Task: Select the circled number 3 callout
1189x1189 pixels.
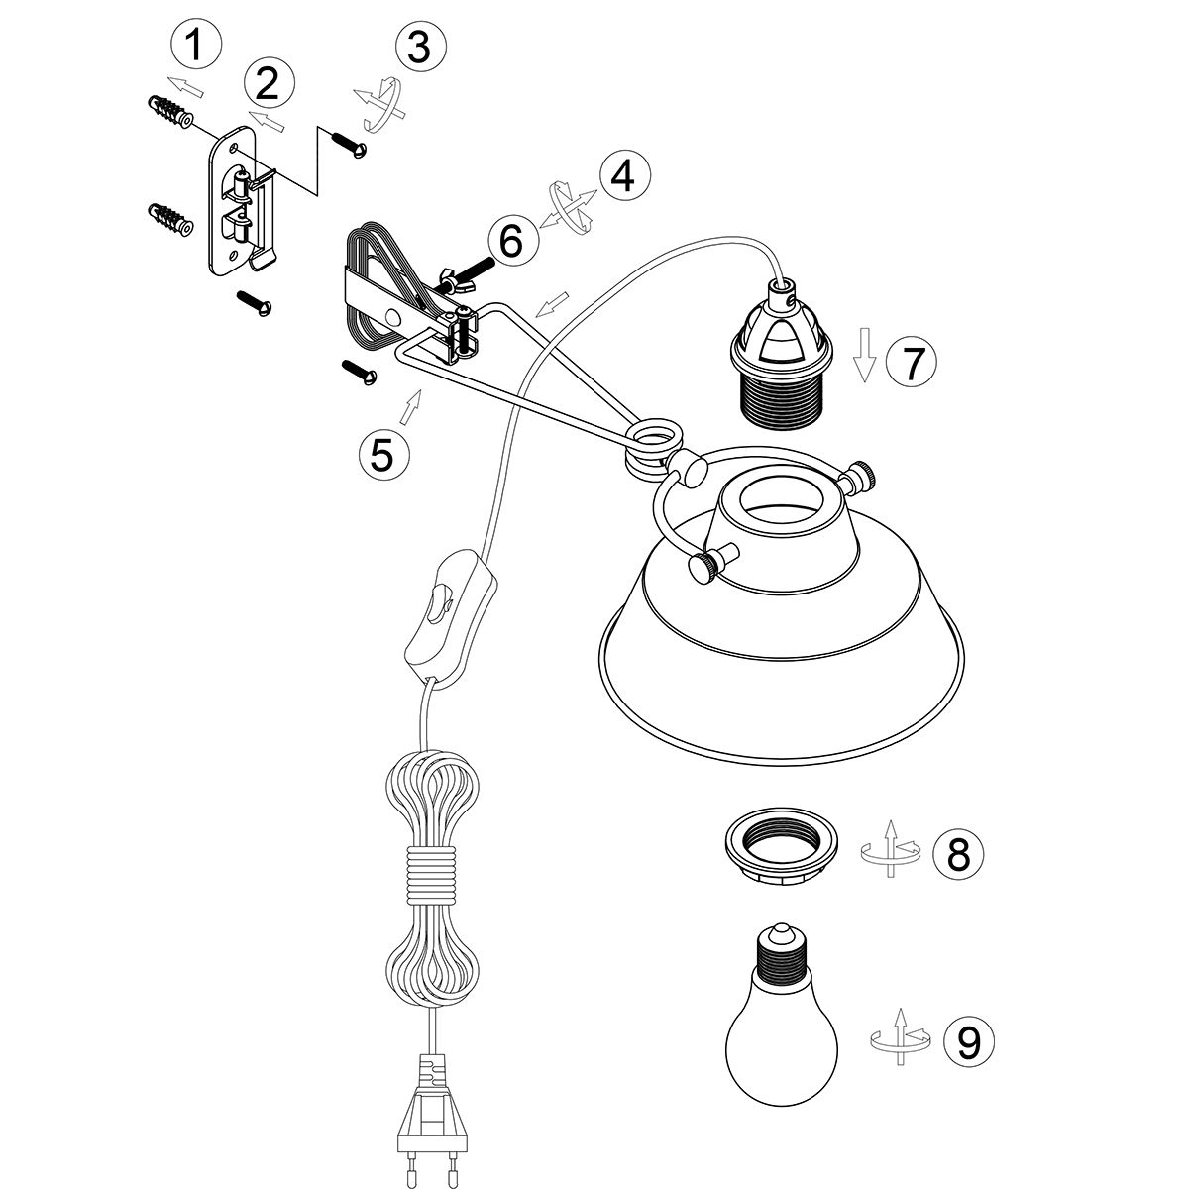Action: point(421,47)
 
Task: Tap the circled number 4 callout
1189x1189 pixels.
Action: point(623,175)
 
